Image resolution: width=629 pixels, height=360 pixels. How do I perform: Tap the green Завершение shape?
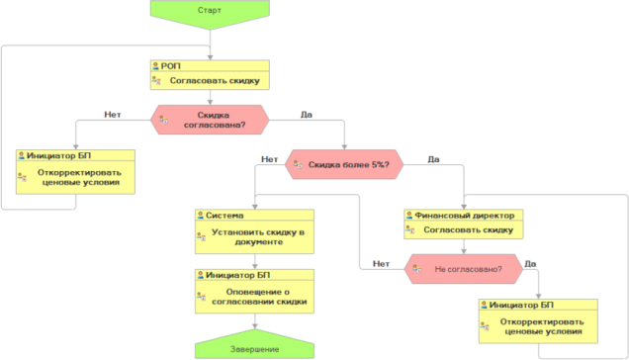[x=255, y=345]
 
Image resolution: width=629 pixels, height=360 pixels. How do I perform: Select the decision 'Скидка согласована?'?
[x=210, y=120]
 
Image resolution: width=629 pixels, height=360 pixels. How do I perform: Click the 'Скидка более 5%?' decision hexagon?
[x=344, y=164]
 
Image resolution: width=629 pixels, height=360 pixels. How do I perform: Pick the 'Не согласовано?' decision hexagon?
[x=464, y=269]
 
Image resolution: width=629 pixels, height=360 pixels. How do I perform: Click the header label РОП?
[x=170, y=66]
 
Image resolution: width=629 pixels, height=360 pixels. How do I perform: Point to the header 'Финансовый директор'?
[x=465, y=216]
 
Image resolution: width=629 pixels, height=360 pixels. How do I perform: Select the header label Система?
[x=225, y=216]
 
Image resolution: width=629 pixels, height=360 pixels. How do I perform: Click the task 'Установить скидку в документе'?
[x=258, y=237]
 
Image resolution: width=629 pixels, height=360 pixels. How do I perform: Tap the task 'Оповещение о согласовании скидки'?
[x=259, y=297]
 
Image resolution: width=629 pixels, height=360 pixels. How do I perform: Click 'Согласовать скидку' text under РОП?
[x=215, y=81]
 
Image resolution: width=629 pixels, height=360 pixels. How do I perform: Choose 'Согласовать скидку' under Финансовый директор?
[x=469, y=230]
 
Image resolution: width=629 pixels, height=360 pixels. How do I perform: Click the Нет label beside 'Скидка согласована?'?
[x=113, y=115]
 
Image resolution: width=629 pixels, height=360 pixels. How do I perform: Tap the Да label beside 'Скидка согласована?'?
[x=307, y=115]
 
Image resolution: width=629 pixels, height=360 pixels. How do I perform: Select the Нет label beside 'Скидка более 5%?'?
[x=270, y=159]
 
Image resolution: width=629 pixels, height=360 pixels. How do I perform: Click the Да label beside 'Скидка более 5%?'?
[x=433, y=159]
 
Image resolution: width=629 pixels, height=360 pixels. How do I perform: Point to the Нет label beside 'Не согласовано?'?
[x=381, y=264]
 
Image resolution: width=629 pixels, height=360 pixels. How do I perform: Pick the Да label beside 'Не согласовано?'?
[x=530, y=264]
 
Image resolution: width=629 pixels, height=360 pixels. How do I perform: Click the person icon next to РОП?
[x=155, y=66]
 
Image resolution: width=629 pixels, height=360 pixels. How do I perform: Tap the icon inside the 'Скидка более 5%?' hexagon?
[x=298, y=164]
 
